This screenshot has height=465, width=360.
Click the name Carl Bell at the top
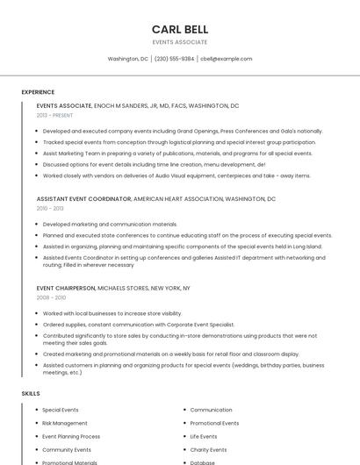tap(179, 30)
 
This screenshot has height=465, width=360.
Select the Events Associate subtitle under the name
tap(179, 42)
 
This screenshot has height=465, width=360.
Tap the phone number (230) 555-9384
tap(174, 59)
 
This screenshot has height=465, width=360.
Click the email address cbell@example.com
tap(226, 59)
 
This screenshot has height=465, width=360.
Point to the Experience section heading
tap(38, 92)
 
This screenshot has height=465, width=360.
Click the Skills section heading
tap(31, 394)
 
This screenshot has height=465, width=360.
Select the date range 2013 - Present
tap(54, 115)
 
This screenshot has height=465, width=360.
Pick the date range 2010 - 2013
tap(50, 209)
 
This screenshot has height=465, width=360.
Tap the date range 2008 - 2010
tap(51, 297)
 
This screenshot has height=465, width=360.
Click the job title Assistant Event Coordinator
tap(84, 199)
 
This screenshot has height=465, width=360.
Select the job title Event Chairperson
tap(66, 288)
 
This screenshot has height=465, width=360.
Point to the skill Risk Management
tap(65, 423)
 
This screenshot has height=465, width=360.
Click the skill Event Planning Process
tap(71, 436)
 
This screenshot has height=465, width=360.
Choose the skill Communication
tap(211, 410)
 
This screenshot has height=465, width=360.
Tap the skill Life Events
tap(203, 436)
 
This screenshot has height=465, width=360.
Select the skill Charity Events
tap(207, 449)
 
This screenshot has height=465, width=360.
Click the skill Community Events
tap(67, 449)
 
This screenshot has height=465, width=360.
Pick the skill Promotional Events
tap(214, 423)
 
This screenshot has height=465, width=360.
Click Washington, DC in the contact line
tap(127, 59)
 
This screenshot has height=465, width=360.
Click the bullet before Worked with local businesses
tap(37, 313)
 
